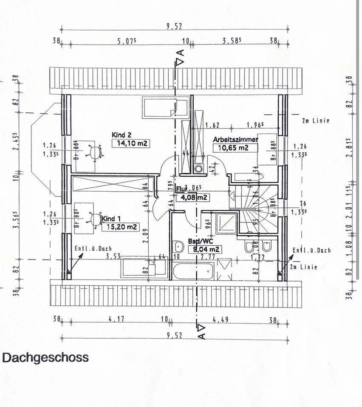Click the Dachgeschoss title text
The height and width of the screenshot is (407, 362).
click(x=45, y=357)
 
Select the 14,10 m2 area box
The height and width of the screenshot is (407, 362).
click(x=131, y=143)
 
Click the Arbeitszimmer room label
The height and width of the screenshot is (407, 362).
click(x=235, y=139)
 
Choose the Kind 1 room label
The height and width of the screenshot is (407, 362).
click(x=111, y=218)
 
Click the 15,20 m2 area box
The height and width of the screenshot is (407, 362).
click(x=120, y=227)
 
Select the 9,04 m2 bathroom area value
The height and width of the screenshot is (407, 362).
click(x=206, y=249)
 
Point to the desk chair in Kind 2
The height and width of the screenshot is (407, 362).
click(x=94, y=151)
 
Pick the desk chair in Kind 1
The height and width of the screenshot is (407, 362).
click(x=95, y=219)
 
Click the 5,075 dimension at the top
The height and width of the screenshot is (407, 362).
click(x=126, y=42)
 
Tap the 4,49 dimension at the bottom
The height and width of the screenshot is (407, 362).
click(x=220, y=320)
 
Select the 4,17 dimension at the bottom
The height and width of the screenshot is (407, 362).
click(x=116, y=320)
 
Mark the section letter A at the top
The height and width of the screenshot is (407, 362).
click(x=180, y=53)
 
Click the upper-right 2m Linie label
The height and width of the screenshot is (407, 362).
click(x=315, y=121)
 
